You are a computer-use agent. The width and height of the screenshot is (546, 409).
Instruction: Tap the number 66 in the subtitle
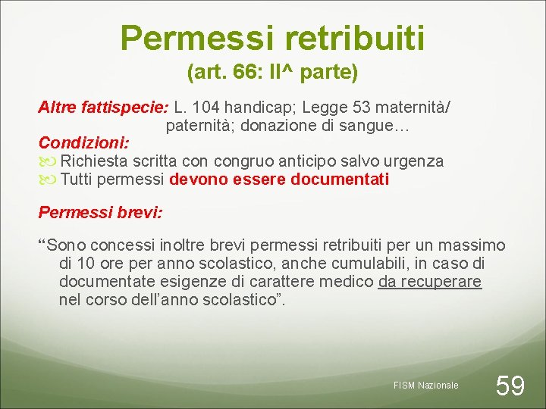click(x=245, y=73)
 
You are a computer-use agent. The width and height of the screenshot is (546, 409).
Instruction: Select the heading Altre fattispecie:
click(x=103, y=107)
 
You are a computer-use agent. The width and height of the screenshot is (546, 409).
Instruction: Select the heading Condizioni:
click(x=84, y=142)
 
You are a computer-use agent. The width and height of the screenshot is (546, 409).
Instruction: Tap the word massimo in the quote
click(x=470, y=245)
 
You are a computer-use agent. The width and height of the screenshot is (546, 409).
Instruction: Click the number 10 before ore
click(x=85, y=264)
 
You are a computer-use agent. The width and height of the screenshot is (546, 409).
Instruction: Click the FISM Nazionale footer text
click(x=426, y=386)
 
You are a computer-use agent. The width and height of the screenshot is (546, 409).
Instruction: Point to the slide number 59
click(x=510, y=386)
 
